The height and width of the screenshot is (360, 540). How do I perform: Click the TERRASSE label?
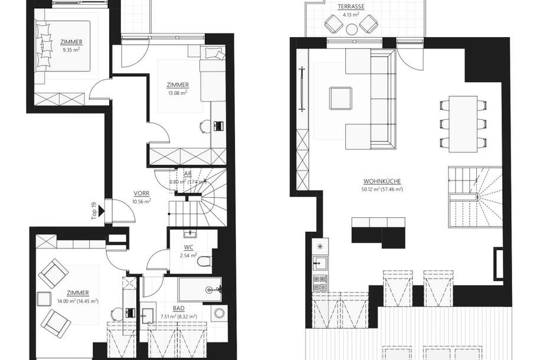[x=351, y=6]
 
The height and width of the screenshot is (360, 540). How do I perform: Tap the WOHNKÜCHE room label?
[x=383, y=182]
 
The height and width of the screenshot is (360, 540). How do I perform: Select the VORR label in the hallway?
[x=141, y=192]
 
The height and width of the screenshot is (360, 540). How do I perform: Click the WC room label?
[x=188, y=247]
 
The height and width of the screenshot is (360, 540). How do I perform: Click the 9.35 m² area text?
[x=71, y=50]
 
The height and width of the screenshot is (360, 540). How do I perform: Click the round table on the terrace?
[x=351, y=28]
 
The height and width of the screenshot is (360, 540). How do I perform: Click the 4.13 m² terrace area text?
[x=351, y=14]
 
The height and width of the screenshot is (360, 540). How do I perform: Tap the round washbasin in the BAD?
[x=220, y=313]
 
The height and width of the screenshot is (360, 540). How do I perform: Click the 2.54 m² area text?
[x=188, y=256]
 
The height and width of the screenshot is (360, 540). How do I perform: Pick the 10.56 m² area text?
[x=141, y=201]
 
